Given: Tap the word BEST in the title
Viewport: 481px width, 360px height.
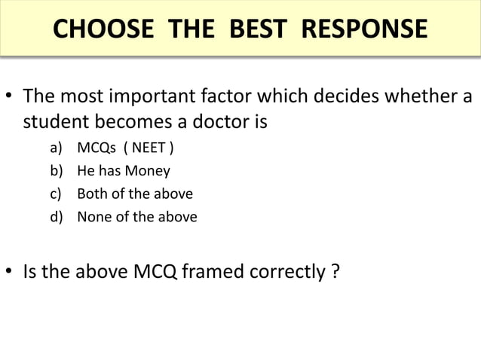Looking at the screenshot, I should point(256,29).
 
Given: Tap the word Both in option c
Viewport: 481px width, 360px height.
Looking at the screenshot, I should point(92,194).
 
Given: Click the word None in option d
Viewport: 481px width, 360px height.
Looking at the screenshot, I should point(94,217).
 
